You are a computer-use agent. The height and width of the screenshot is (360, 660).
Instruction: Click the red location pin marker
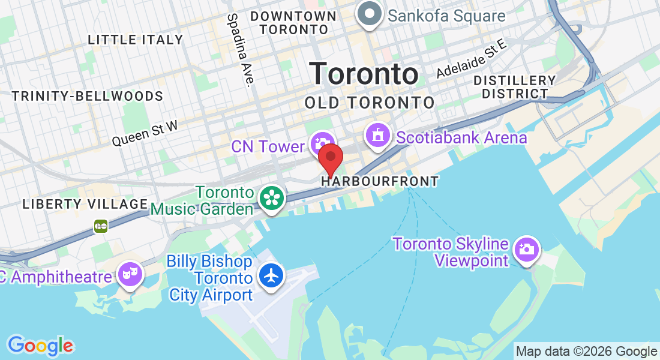click(330, 158)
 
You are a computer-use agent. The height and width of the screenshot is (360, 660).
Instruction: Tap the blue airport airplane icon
click(272, 275)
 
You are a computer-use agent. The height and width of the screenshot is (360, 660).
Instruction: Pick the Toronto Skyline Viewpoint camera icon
click(527, 248)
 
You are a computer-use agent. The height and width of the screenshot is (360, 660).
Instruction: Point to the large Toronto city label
click(364, 74)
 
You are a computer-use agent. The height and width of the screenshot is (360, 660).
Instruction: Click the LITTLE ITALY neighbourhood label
click(136, 40)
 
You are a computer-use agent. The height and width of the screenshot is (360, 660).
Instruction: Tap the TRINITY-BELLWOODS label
click(88, 96)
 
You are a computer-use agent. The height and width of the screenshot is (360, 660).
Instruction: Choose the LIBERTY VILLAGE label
click(85, 204)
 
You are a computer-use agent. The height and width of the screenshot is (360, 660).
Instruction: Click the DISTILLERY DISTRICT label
click(514, 87)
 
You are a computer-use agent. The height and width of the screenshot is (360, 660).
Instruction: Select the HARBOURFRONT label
click(380, 181)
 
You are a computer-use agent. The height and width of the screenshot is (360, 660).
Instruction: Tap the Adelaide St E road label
click(472, 58)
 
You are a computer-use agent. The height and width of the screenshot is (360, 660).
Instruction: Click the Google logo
click(40, 346)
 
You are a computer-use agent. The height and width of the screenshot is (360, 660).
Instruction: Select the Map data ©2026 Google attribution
click(587, 352)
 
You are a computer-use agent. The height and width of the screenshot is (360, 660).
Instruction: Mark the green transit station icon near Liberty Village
click(101, 226)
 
